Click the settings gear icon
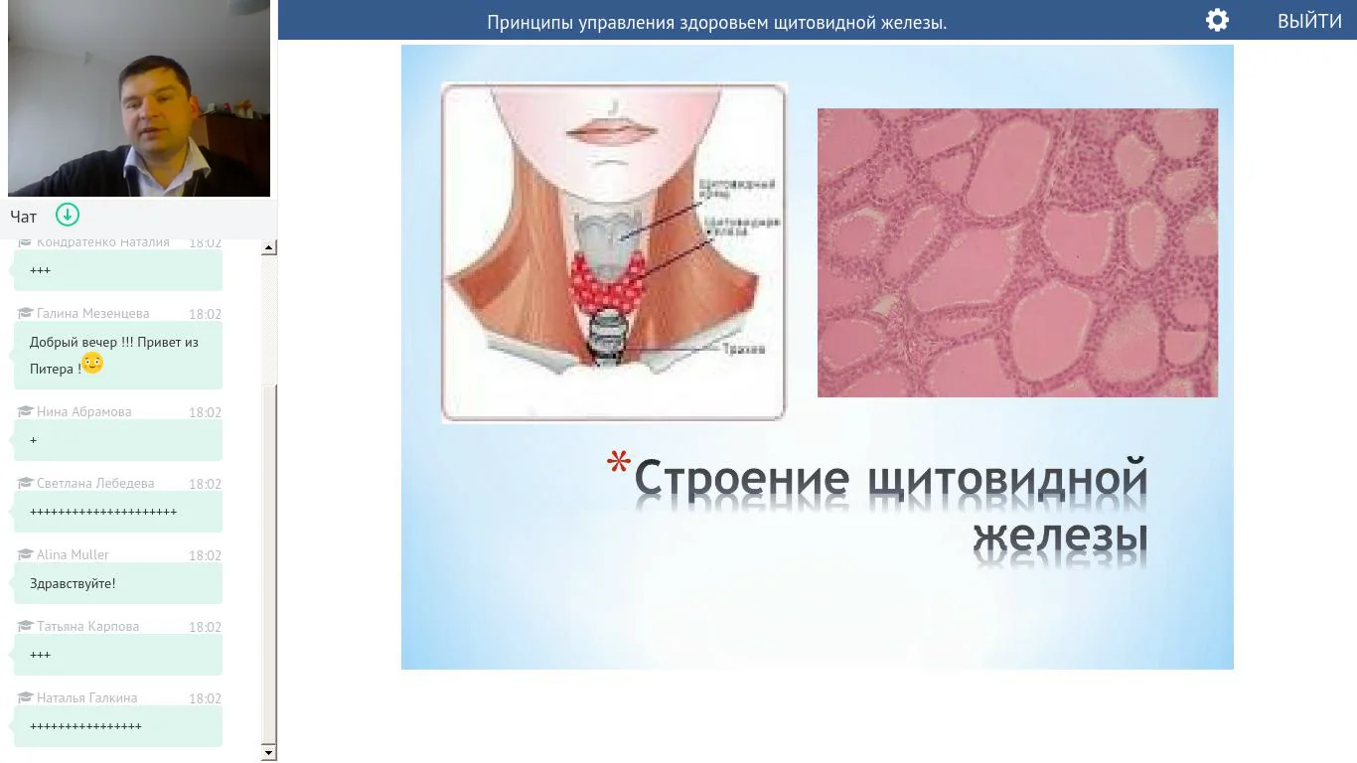[x=1217, y=21]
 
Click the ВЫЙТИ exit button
[x=1308, y=21]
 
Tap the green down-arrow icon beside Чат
[x=68, y=215]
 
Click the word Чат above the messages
[x=24, y=217]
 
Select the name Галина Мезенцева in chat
[x=92, y=314]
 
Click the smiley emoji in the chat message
[x=92, y=364]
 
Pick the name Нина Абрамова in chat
[x=83, y=411]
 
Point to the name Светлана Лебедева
[x=95, y=484]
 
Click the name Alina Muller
[x=73, y=555]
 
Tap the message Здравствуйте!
[x=73, y=584]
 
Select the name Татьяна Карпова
[x=87, y=627]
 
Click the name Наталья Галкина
[x=86, y=698]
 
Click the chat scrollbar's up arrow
[x=269, y=247]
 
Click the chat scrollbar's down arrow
[x=269, y=753]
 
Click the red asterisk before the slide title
[x=619, y=464]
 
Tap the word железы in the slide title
[x=1060, y=536]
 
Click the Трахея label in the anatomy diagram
[x=742, y=350]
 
